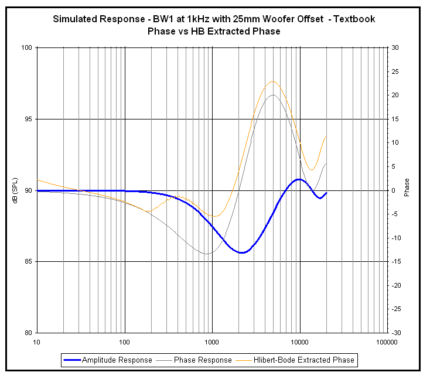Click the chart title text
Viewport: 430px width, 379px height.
pos(214,25)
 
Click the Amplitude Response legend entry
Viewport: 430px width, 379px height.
pos(117,360)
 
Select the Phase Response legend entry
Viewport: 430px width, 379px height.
pos(203,360)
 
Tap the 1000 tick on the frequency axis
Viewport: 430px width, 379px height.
pos(212,342)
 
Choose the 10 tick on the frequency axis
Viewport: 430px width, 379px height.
pos(37,342)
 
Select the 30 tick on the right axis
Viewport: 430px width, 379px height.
pos(396,47)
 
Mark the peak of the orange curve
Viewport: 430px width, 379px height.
pos(272,81)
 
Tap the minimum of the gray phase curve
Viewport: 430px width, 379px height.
pos(206,254)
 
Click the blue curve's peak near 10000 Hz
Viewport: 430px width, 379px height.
pos(299,179)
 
